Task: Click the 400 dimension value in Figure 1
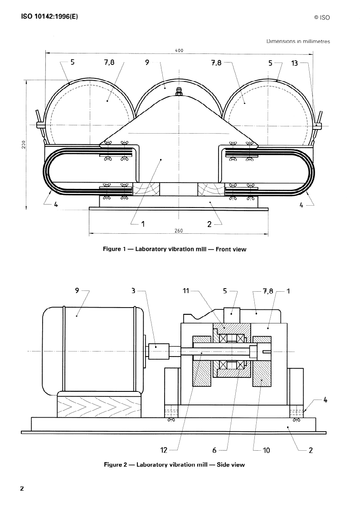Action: [x=179, y=50]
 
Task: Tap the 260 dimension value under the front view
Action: [x=179, y=231]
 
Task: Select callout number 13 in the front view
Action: [x=294, y=63]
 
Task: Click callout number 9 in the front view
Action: [x=147, y=62]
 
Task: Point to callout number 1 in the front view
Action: [x=143, y=223]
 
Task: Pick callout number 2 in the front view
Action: [x=209, y=224]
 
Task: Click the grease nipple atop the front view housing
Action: [x=178, y=92]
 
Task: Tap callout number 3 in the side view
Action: [x=133, y=291]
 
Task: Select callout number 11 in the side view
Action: [x=185, y=291]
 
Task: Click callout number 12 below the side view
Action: [x=164, y=450]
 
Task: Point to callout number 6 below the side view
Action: [x=214, y=450]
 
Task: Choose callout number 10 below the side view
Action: [x=266, y=450]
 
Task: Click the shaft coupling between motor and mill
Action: [x=159, y=351]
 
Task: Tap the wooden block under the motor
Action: [x=99, y=405]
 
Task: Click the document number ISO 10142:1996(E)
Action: [x=49, y=16]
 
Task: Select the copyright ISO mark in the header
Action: [x=322, y=18]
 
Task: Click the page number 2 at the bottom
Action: [x=22, y=488]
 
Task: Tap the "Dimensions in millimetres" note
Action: [x=298, y=41]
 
